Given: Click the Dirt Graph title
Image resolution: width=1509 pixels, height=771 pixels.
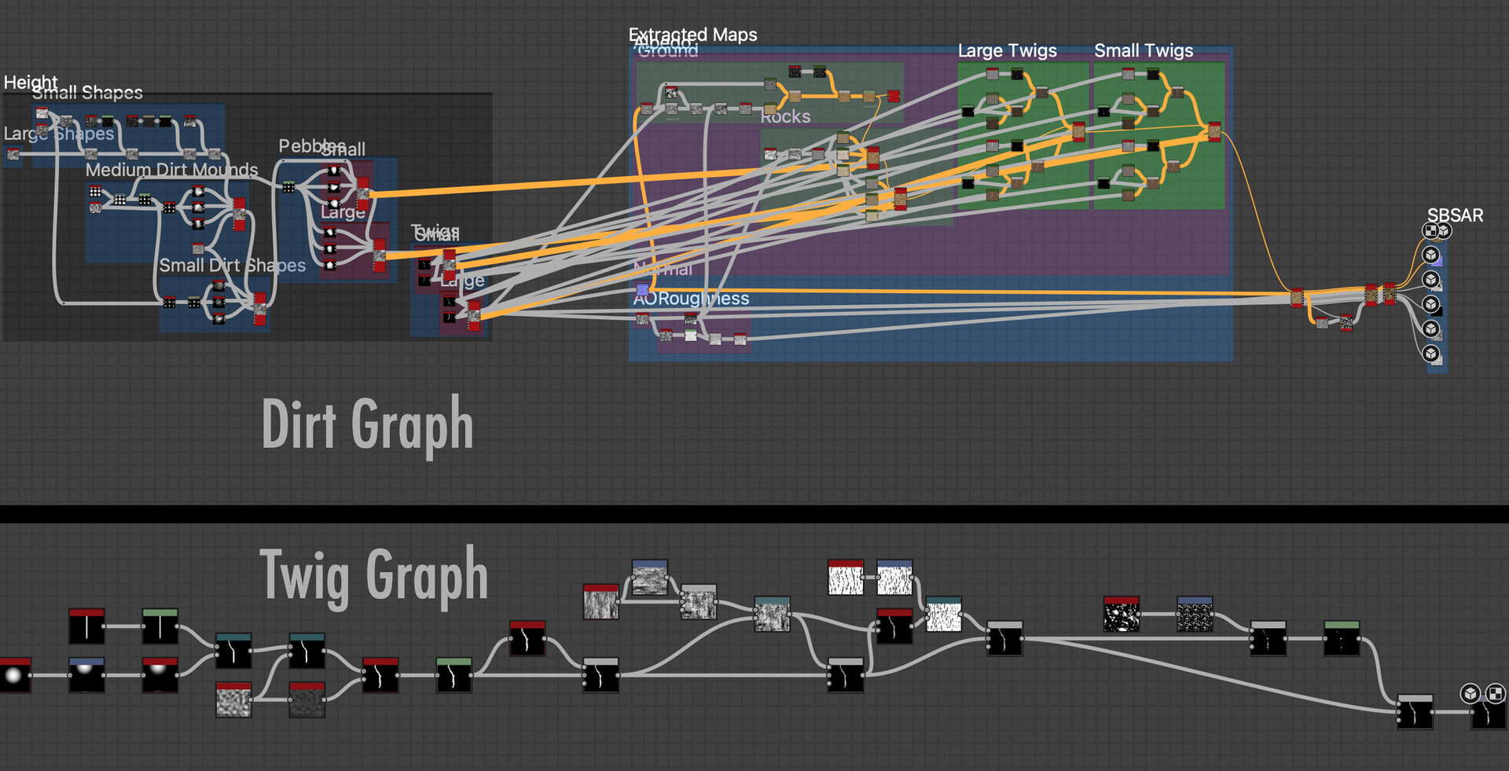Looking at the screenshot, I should [367, 424].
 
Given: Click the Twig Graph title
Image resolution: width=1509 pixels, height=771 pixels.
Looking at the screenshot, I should [373, 576].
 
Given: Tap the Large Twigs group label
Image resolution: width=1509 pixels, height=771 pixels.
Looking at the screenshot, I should [1007, 51].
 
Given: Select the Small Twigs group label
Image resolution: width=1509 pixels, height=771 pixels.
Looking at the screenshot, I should [1144, 51].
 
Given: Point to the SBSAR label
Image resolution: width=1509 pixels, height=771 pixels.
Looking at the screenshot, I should [1455, 215].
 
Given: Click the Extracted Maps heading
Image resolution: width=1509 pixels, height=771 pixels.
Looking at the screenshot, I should [692, 35].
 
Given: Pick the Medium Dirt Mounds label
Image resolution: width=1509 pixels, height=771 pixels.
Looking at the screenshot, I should [171, 170].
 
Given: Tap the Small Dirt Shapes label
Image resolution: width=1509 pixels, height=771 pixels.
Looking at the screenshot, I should [232, 266].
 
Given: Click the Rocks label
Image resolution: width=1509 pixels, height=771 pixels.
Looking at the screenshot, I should [785, 117].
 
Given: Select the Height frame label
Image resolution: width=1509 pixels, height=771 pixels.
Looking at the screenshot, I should [30, 82].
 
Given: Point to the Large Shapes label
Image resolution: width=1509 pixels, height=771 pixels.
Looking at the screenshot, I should [59, 134].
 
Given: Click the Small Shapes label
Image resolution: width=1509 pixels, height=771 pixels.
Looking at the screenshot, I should [87, 93].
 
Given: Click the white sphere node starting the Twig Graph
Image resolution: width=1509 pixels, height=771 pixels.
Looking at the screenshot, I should [14, 675].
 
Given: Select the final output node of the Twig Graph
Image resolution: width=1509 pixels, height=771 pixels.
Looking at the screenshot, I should [1488, 714].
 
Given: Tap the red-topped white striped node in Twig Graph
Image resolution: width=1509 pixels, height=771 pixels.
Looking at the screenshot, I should [846, 578].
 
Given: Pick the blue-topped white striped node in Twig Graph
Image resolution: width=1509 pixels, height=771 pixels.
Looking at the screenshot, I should [894, 578].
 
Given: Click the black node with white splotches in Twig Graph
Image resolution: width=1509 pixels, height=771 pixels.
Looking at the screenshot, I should [1122, 615].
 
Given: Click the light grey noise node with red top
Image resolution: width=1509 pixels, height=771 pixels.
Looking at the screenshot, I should [233, 699].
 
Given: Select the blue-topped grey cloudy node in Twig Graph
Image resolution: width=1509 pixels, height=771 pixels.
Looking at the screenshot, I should [650, 578].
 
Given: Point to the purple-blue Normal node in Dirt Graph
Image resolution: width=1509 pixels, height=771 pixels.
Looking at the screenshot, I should [642, 290].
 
